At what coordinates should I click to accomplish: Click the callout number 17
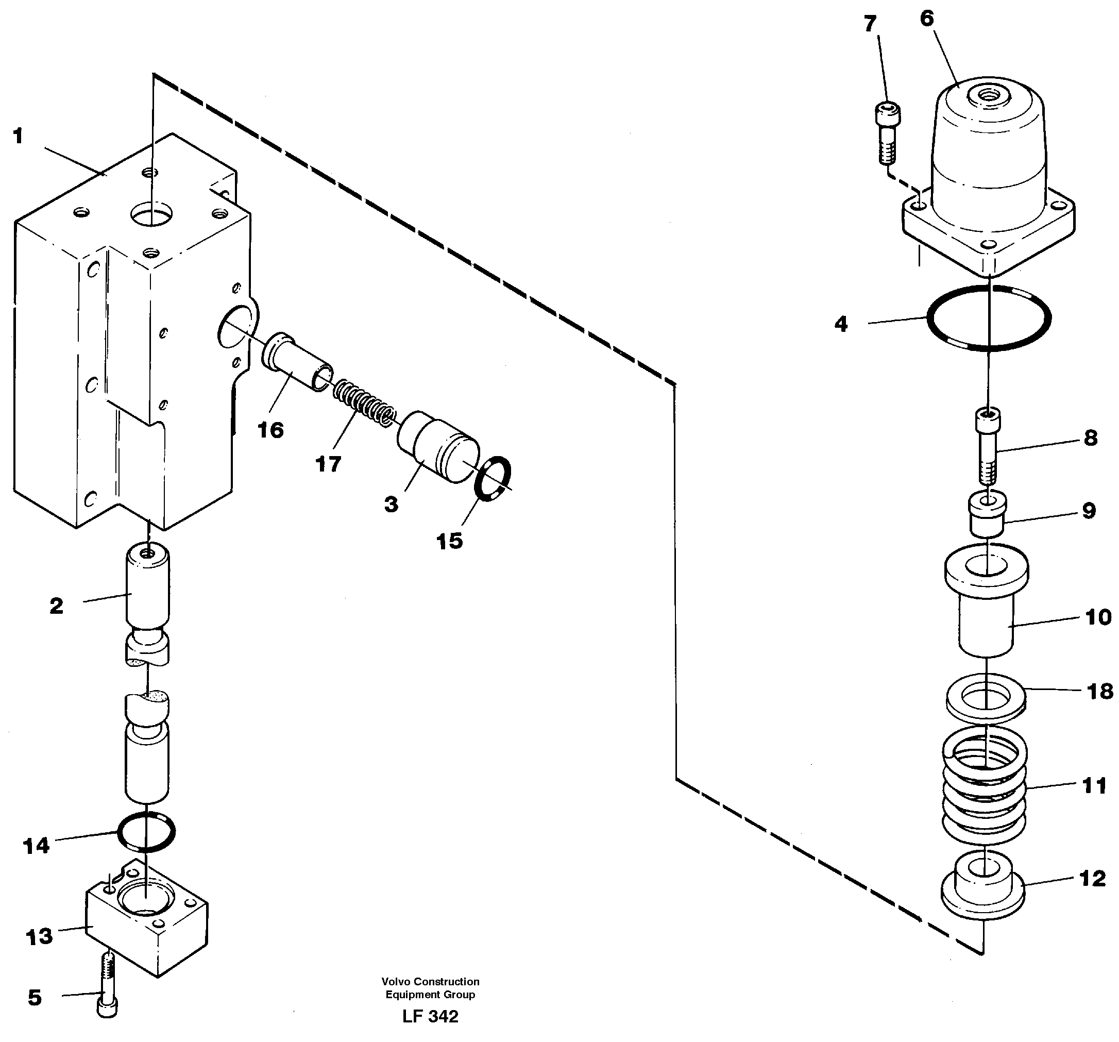(x=328, y=464)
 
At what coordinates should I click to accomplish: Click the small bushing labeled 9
(x=987, y=512)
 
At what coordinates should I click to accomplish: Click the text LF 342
(x=430, y=1016)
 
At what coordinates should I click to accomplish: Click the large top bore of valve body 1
(x=151, y=214)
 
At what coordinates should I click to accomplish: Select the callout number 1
(x=18, y=136)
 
